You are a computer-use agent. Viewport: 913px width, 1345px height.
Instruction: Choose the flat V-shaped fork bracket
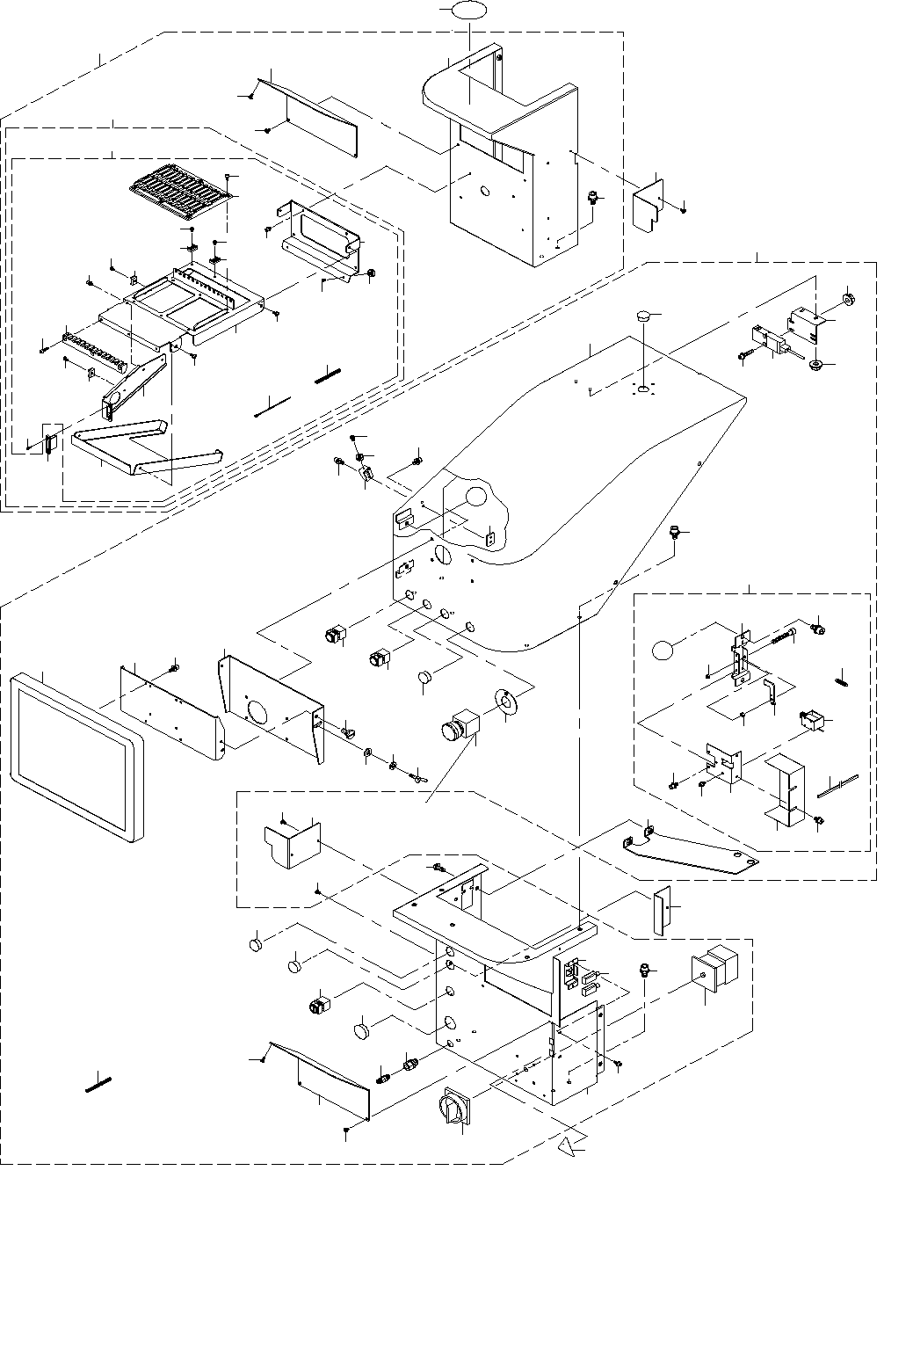coord(144,446)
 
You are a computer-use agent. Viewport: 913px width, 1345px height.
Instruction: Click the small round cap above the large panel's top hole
coord(645,314)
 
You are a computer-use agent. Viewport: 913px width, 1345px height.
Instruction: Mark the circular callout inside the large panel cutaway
coord(475,496)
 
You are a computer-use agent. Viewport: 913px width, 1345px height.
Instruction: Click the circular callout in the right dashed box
coord(663,651)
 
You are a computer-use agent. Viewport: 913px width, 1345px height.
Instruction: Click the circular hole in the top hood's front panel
coord(484,190)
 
